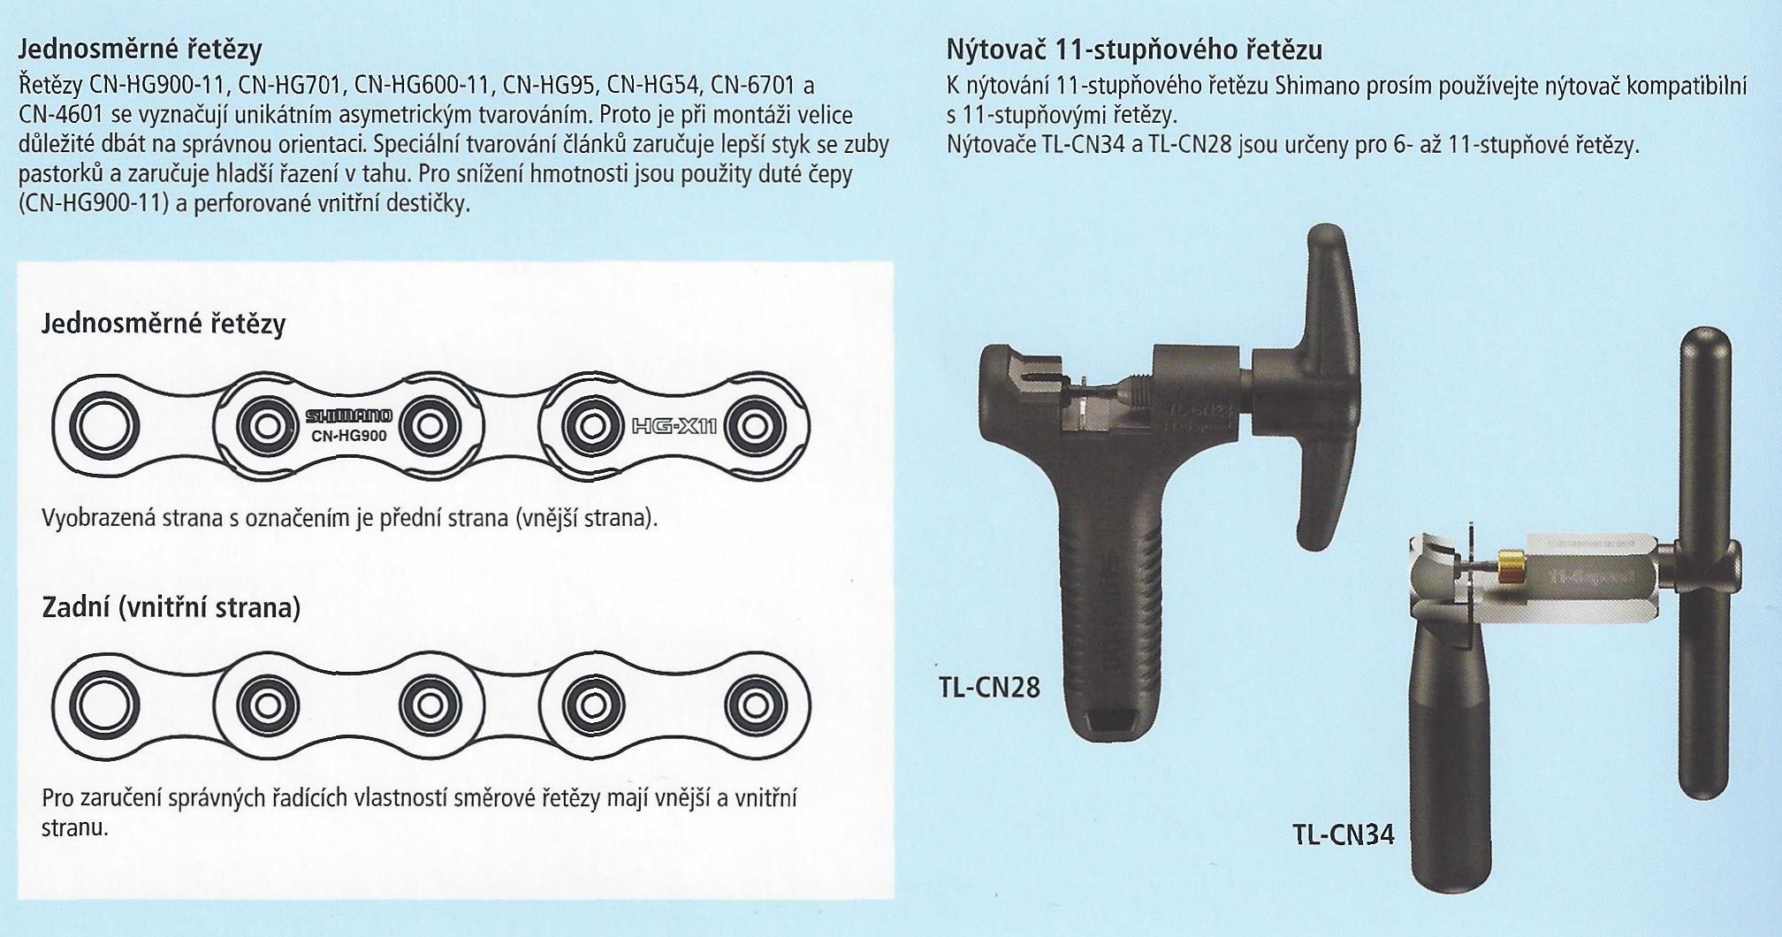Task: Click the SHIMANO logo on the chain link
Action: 349,415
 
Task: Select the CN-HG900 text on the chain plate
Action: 349,435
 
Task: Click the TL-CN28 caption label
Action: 989,687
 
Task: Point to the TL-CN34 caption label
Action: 1344,834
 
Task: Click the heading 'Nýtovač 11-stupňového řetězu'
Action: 1134,50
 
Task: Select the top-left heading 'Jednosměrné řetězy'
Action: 140,50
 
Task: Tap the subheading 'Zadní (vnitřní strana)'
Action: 171,609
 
